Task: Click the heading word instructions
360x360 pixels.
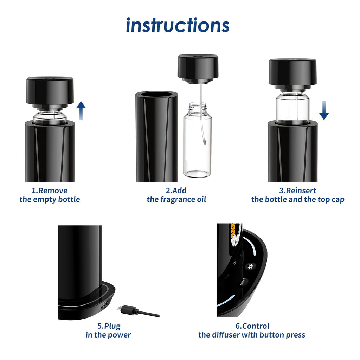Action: (178, 25)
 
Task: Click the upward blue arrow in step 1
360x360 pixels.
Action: (81, 110)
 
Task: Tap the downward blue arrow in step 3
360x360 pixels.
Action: (324, 110)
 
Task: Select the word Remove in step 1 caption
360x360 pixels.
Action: (53, 191)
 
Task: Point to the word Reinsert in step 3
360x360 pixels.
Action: (301, 191)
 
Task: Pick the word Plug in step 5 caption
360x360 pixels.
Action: (112, 326)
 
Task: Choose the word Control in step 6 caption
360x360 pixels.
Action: (256, 326)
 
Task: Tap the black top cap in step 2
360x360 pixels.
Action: (198, 69)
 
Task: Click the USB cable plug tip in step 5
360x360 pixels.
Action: (120, 309)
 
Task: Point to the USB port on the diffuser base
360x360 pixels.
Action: (104, 306)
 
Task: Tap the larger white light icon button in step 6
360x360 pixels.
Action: (250, 267)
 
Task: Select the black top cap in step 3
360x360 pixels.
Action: (293, 74)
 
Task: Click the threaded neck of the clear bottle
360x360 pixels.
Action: (198, 108)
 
